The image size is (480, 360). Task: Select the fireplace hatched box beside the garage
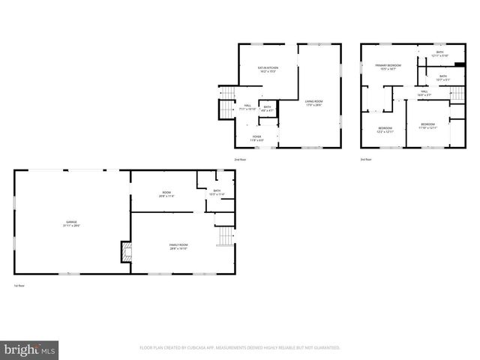[125, 251]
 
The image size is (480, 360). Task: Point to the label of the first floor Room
[166, 194]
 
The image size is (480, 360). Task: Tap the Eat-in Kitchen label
[268, 70]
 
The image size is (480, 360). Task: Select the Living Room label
[313, 103]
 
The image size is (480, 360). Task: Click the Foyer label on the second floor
[256, 137]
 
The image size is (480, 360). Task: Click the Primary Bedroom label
[388, 67]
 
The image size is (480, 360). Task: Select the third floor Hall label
[424, 93]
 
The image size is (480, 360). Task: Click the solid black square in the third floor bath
[460, 64]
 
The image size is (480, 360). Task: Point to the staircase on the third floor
[454, 94]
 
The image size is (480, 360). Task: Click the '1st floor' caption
[19, 286]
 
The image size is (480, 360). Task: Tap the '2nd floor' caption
[240, 160]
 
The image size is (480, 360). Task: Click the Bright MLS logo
[30, 349]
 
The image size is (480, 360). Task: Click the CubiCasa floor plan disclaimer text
[240, 348]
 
